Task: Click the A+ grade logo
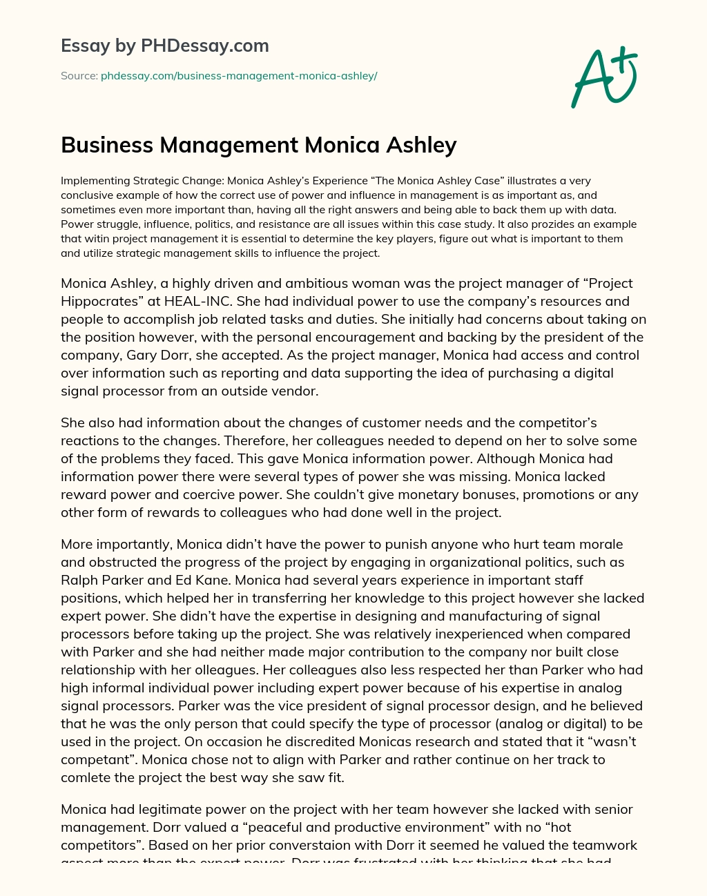603,77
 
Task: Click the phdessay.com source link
239,76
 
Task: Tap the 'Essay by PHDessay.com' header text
165,46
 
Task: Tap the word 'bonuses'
432,494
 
